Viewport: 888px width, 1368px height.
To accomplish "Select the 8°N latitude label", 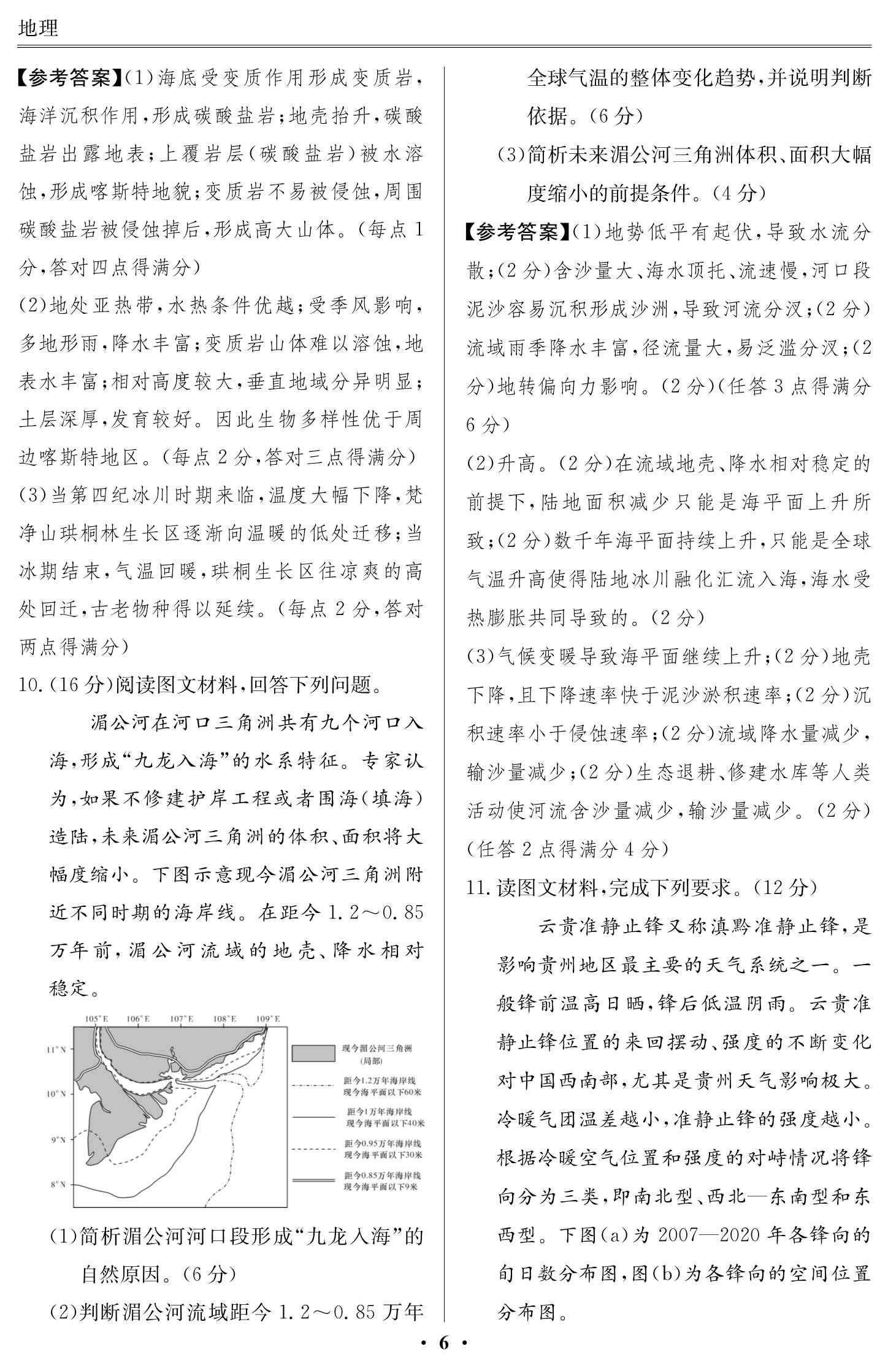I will pyautogui.click(x=58, y=1184).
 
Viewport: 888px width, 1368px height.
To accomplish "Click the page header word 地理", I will pyautogui.click(x=38, y=28).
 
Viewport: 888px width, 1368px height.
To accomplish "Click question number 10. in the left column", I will pyautogui.click(x=29, y=685).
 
